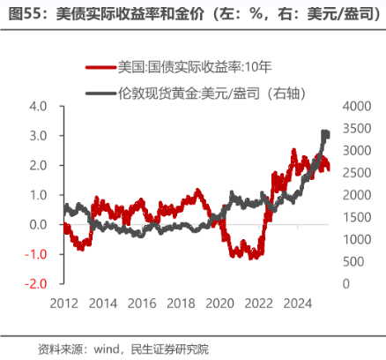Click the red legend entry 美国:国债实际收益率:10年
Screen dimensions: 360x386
coord(189,66)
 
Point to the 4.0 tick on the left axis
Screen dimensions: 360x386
coord(37,106)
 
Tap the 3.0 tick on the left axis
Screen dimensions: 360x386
coord(37,136)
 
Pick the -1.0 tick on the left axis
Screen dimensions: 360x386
coord(35,254)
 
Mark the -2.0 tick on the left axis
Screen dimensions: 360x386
coord(35,284)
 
